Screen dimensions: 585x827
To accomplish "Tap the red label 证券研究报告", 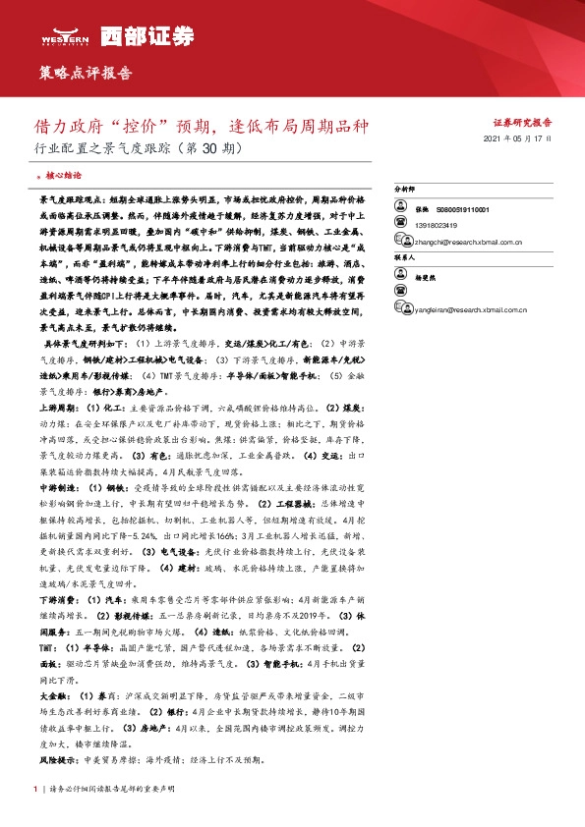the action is (521, 123).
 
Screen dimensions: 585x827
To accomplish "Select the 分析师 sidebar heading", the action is (405, 188).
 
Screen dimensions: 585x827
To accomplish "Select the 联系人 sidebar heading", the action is (405, 256).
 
